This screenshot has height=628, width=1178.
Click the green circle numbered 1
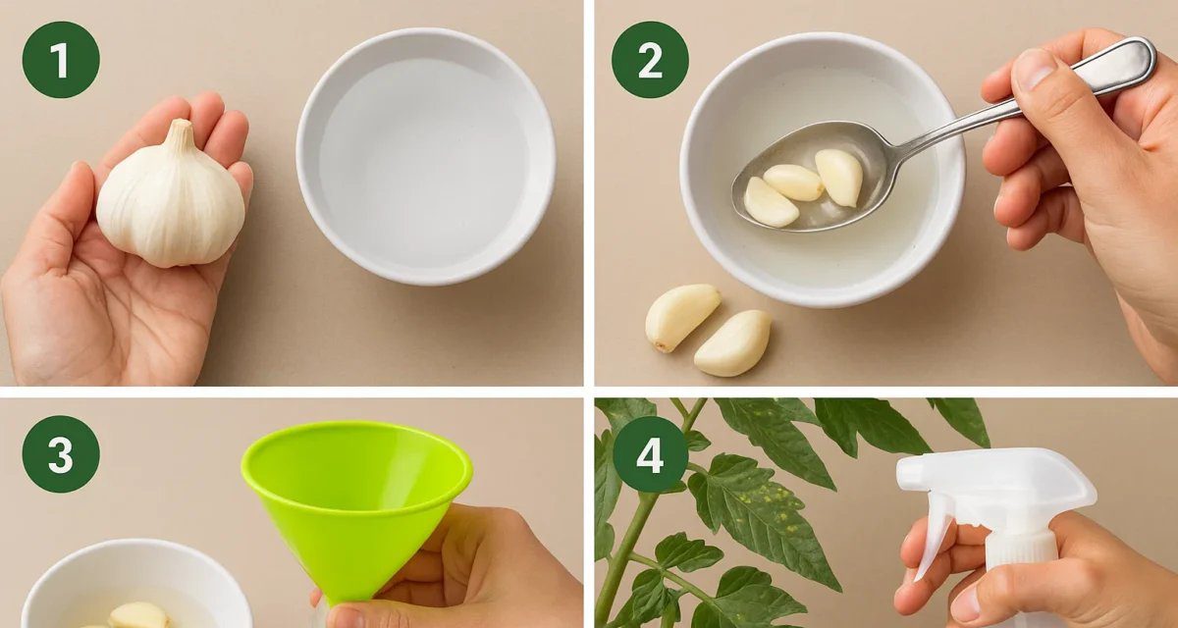[61, 60]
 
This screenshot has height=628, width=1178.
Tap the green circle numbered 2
[650, 60]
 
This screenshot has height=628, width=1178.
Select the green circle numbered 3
[61, 454]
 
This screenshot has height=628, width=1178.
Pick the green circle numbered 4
[650, 454]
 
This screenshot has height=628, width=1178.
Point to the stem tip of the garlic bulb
[183, 123]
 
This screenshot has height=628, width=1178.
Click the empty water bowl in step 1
[425, 156]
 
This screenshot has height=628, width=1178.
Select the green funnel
[356, 504]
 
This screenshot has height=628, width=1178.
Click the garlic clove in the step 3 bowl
[138, 615]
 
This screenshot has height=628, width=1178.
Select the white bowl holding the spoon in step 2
[823, 169]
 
